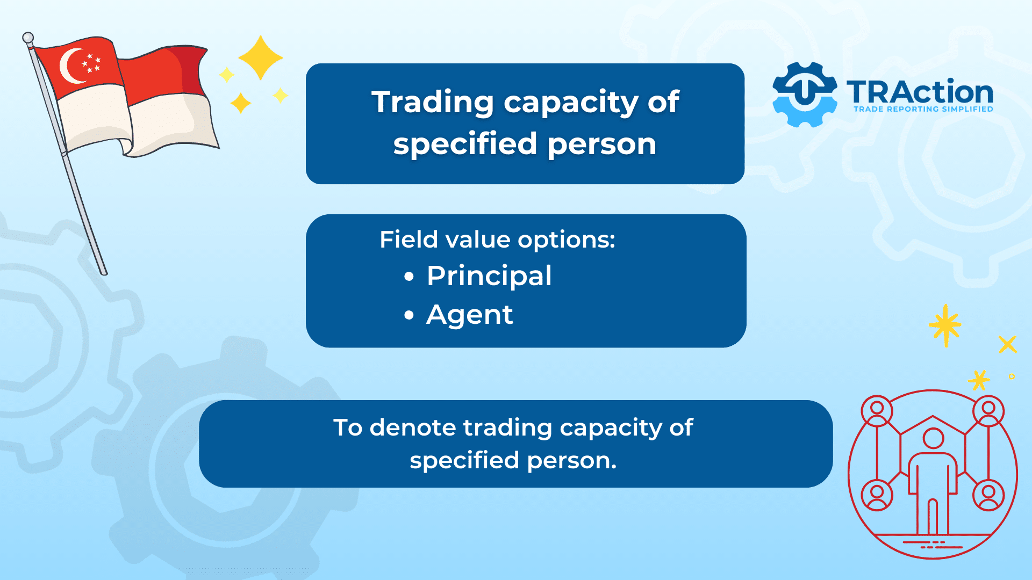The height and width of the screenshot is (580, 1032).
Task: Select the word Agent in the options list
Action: (470, 315)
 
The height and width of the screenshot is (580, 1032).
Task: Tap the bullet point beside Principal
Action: (410, 277)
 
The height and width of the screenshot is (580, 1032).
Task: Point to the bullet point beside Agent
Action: (410, 315)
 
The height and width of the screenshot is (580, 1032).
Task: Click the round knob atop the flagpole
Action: (28, 38)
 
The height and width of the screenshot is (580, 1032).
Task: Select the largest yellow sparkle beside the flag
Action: (261, 58)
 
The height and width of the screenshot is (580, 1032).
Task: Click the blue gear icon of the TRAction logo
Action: (805, 95)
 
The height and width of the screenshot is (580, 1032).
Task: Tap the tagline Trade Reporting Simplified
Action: (923, 109)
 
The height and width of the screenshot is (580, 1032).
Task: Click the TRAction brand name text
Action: (920, 92)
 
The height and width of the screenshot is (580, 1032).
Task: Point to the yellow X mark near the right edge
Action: (1008, 344)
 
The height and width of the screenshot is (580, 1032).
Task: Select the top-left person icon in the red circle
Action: (877, 411)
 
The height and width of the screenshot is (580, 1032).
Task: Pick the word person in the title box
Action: (602, 145)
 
